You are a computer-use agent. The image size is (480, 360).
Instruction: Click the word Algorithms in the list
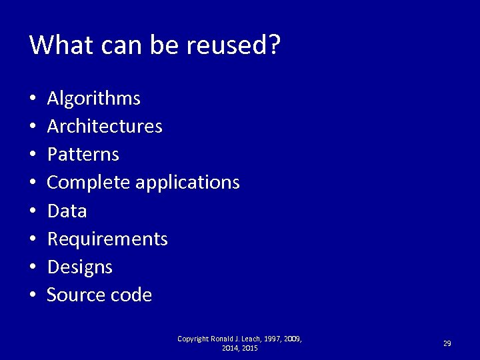pyautogui.click(x=94, y=99)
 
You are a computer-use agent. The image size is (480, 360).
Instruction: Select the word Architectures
pyautogui.click(x=105, y=126)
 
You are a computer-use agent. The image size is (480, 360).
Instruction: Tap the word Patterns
pyautogui.click(x=83, y=155)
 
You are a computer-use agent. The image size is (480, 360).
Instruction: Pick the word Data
pyautogui.click(x=67, y=211)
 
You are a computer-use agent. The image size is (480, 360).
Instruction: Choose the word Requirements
pyautogui.click(x=107, y=239)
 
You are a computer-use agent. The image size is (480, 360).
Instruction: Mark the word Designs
pyautogui.click(x=80, y=267)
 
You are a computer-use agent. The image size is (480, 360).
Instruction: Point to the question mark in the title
pyautogui.click(x=274, y=45)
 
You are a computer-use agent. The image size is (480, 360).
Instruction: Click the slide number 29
pyautogui.click(x=447, y=343)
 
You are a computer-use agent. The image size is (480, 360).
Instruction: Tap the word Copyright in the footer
pyautogui.click(x=193, y=339)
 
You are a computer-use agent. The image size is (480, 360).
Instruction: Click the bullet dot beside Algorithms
pyautogui.click(x=33, y=99)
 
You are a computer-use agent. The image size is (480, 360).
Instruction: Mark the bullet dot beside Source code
pyautogui.click(x=33, y=295)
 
